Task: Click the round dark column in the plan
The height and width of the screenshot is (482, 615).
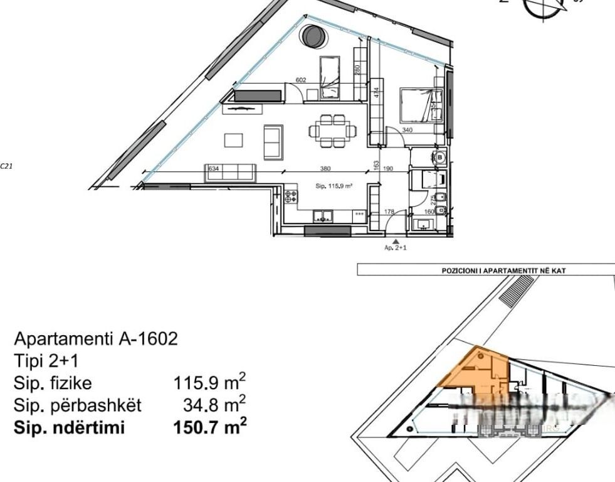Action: pos(312,36)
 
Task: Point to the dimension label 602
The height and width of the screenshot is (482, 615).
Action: pos(301,80)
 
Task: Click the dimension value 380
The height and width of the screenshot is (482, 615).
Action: pos(325,168)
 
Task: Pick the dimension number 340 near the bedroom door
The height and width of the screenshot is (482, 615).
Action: pos(407,131)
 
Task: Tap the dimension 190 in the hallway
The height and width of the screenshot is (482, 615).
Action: pos(388,168)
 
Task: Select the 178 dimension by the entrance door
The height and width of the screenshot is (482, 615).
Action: pos(389,212)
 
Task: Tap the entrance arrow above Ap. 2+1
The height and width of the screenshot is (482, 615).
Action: pos(395,241)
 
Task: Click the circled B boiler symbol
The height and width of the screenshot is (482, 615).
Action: pos(440,157)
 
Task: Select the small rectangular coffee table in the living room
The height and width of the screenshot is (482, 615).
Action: pos(234,139)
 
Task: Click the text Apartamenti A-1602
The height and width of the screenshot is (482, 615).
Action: pos(96,340)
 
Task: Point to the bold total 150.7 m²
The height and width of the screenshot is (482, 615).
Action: pos(209,427)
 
